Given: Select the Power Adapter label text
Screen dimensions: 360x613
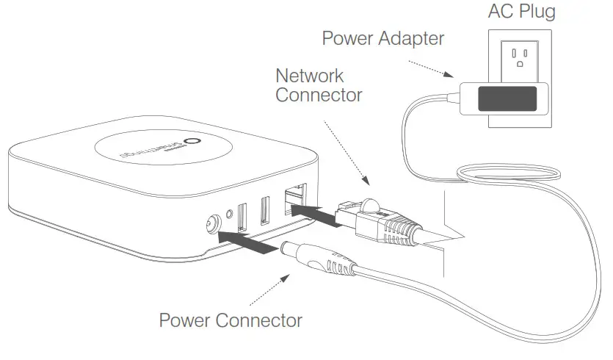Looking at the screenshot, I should click(382, 38).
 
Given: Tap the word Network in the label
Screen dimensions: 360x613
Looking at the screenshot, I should click(309, 76).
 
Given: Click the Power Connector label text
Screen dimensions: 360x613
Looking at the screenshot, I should click(231, 321).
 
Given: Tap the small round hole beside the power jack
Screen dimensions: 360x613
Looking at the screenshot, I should click(230, 217).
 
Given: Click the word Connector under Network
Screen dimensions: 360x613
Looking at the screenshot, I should click(319, 96).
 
